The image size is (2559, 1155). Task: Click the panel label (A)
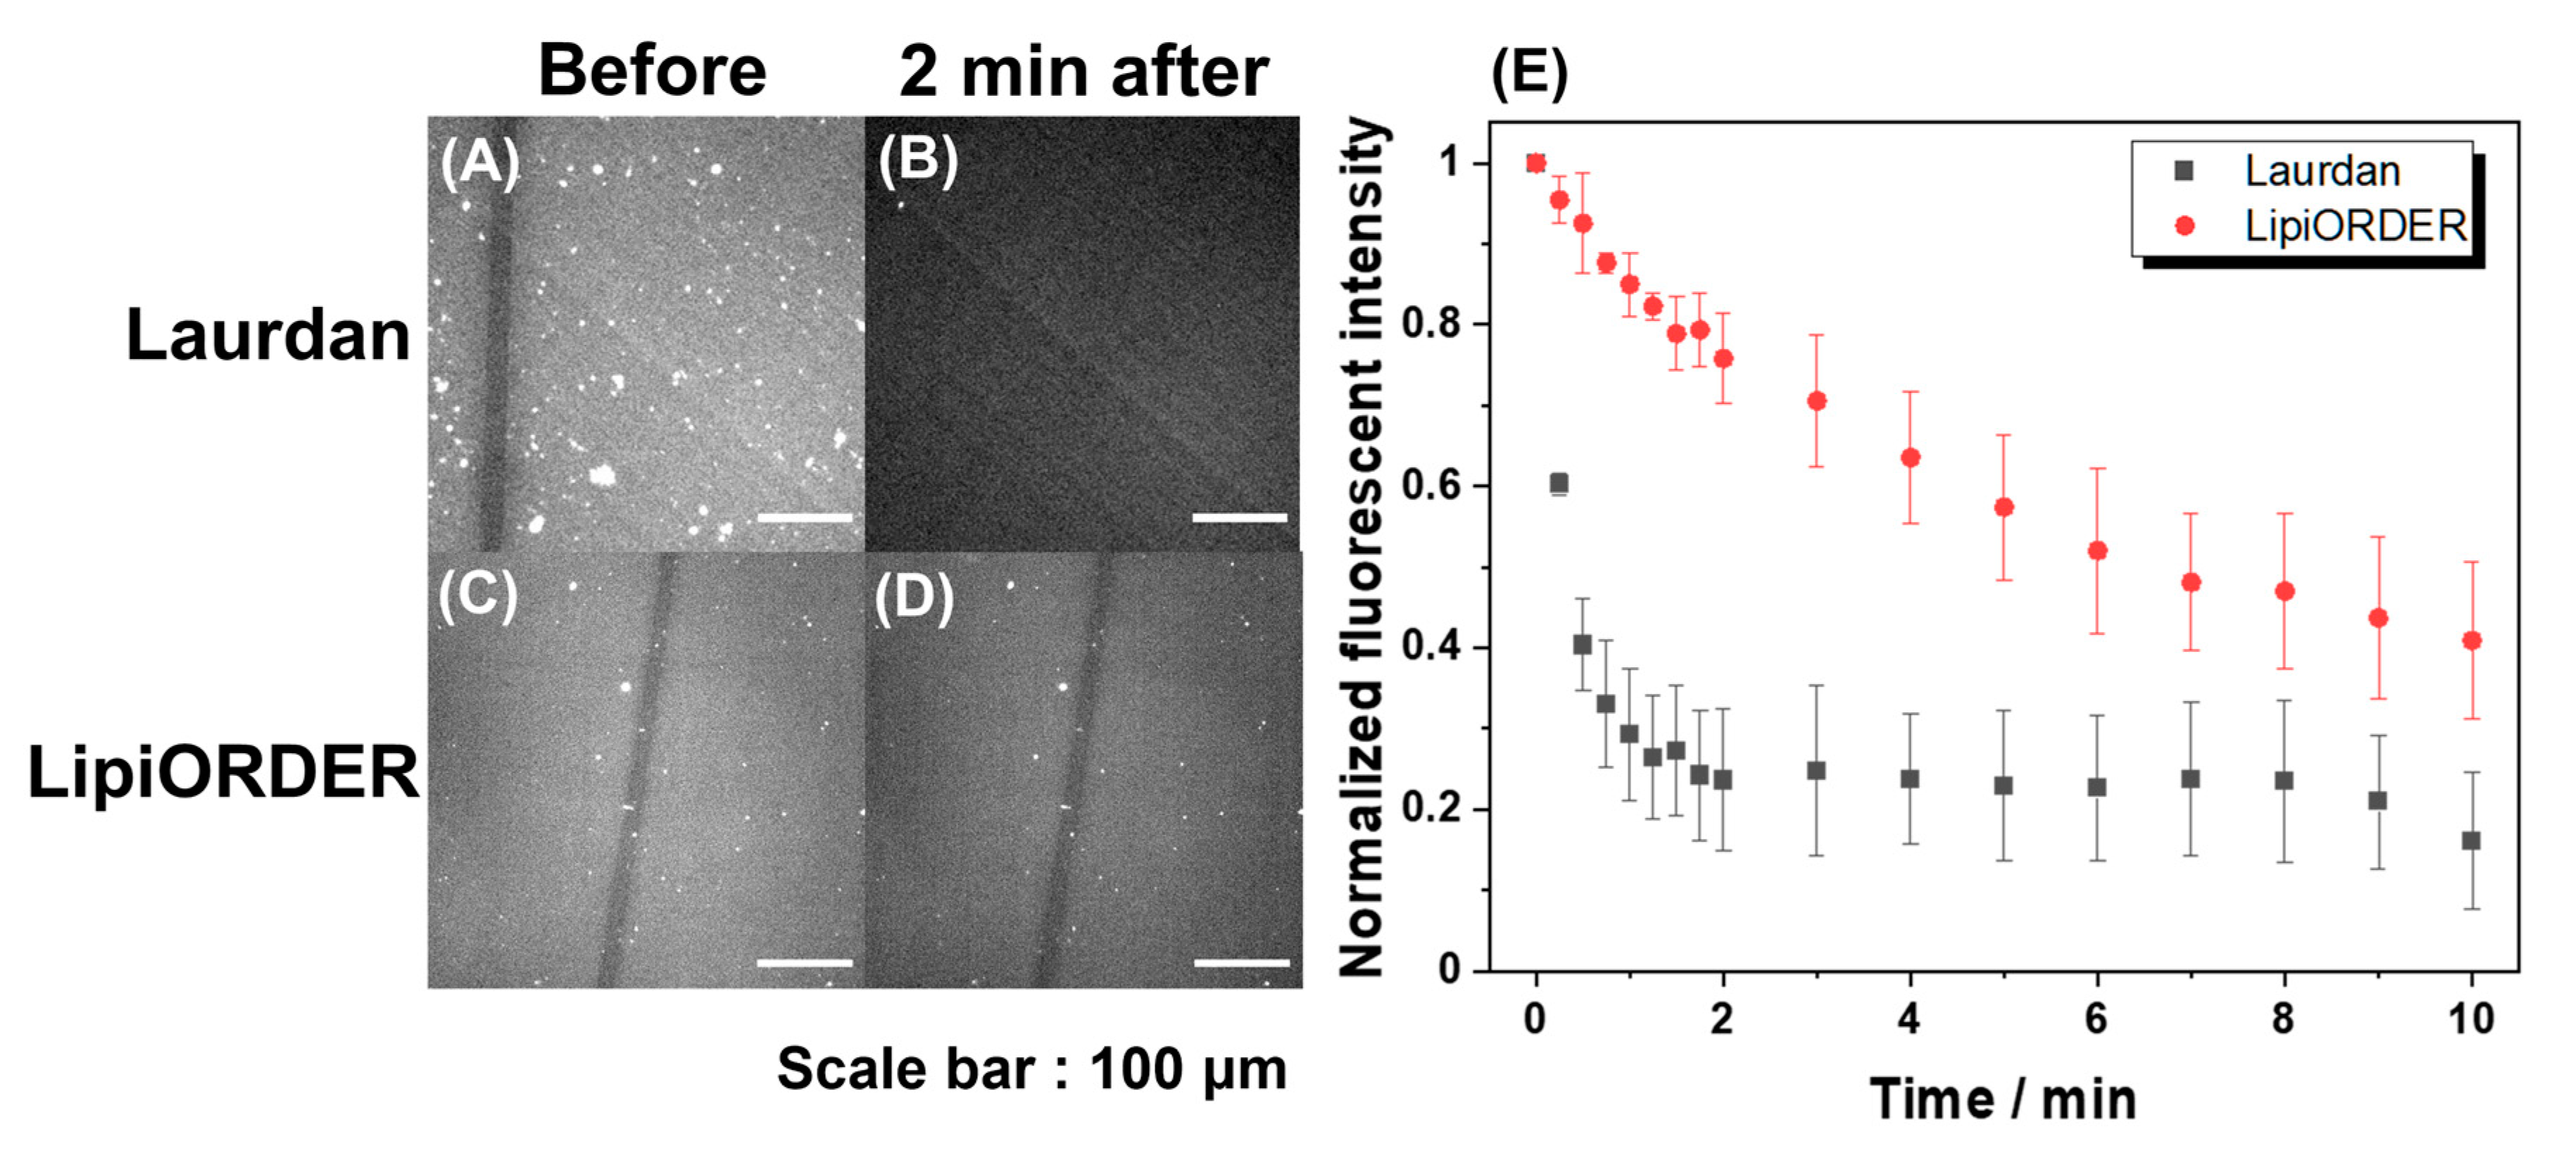tap(480, 162)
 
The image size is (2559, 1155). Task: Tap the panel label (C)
tap(478, 596)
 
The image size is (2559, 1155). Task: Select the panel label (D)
tap(914, 598)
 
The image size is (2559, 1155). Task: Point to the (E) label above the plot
tap(1529, 72)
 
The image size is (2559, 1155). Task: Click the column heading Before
tap(652, 72)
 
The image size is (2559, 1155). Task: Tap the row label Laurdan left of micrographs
tap(268, 335)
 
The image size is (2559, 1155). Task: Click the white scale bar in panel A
tap(804, 517)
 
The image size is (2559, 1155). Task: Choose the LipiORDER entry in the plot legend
tap(2354, 227)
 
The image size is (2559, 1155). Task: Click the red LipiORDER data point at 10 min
tap(2472, 640)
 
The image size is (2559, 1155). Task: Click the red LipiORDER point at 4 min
tap(1909, 457)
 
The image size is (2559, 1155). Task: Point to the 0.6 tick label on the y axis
tap(1431, 486)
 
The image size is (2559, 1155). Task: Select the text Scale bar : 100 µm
tap(1031, 1070)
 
